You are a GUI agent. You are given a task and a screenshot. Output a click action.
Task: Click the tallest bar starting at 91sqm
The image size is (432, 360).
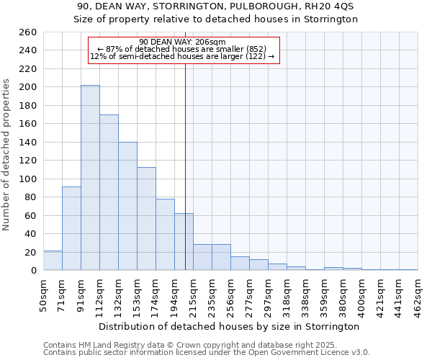(x=90, y=178)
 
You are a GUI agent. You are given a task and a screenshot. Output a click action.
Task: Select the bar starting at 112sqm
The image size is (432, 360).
(x=109, y=192)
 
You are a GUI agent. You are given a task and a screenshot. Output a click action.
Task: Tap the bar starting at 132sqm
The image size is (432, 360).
(x=127, y=206)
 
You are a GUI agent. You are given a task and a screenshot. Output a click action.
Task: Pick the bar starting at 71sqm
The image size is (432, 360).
(x=71, y=228)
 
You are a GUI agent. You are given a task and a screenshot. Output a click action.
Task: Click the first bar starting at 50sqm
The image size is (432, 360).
(x=53, y=261)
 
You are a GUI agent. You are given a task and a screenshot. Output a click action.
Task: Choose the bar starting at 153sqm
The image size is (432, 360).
(x=146, y=219)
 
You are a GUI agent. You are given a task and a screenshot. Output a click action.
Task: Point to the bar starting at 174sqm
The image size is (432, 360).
(x=165, y=235)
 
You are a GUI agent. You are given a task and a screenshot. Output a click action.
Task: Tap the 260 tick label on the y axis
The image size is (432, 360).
(x=28, y=32)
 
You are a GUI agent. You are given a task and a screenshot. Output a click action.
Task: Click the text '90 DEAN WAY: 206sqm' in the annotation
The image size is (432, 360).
(x=182, y=42)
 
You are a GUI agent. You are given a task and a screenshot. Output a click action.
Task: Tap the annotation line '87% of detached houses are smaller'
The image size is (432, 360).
(x=182, y=49)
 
